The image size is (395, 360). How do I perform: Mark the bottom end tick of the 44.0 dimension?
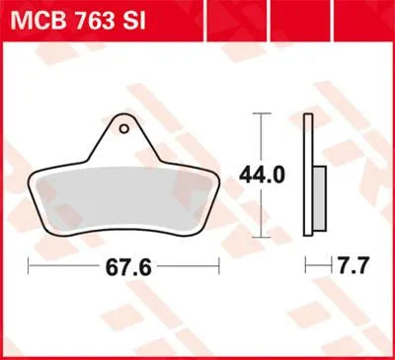pos(261,237)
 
